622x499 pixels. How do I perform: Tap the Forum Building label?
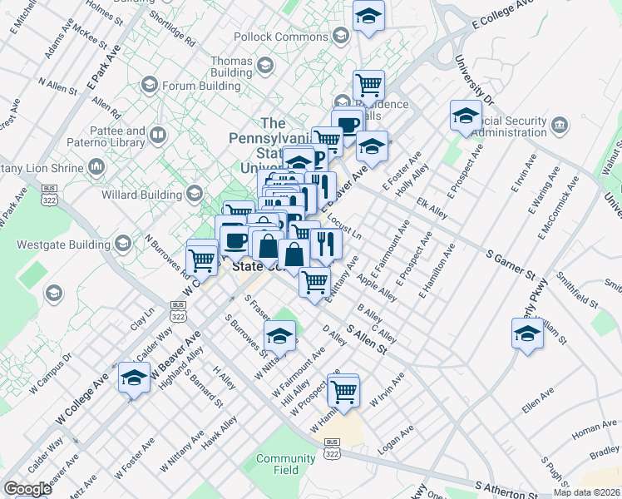(196, 84)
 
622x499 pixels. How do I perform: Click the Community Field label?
(285, 464)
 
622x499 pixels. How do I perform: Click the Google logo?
(28, 488)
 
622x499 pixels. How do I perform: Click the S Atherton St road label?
(507, 490)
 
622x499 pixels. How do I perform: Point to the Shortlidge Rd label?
(171, 28)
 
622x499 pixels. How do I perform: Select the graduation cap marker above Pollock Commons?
(368, 16)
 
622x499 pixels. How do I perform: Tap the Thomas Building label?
(232, 67)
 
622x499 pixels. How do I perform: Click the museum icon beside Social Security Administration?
(560, 125)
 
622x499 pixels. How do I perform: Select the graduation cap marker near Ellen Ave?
(527, 334)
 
